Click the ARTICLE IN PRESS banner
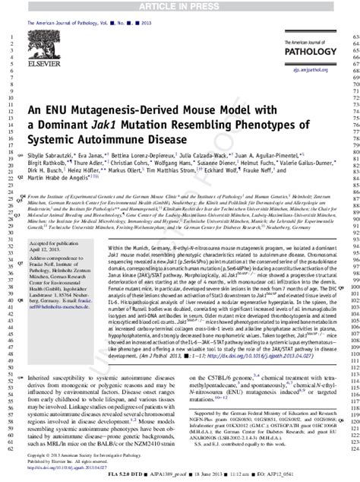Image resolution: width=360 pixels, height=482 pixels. click(180, 5)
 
